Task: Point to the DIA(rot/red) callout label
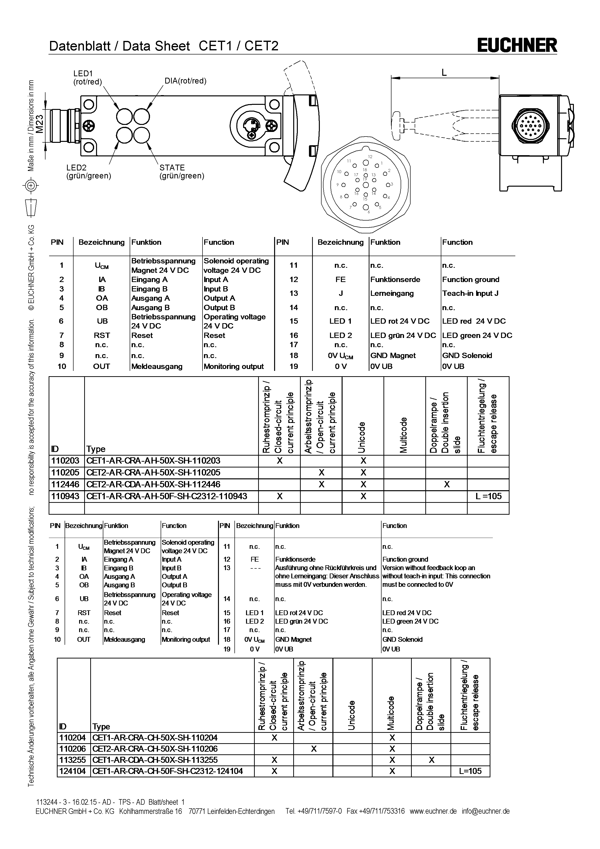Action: (186, 81)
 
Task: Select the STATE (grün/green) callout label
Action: (181, 172)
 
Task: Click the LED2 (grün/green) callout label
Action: (89, 172)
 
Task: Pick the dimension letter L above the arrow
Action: (444, 72)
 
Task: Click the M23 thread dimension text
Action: (39, 124)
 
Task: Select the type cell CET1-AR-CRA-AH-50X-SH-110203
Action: (153, 460)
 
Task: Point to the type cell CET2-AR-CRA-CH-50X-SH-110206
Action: (155, 749)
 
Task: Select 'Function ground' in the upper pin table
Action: (471, 280)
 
